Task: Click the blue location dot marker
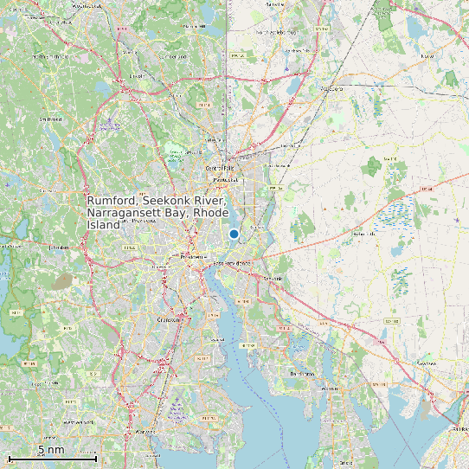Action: (x=234, y=234)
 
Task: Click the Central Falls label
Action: (x=219, y=167)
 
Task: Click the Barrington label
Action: (x=301, y=373)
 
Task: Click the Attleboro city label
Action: (x=332, y=88)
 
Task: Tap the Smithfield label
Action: (x=50, y=119)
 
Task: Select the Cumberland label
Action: (x=171, y=56)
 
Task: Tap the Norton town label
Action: (x=426, y=56)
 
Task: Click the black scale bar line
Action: (x=52, y=459)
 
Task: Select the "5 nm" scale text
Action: (x=51, y=450)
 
